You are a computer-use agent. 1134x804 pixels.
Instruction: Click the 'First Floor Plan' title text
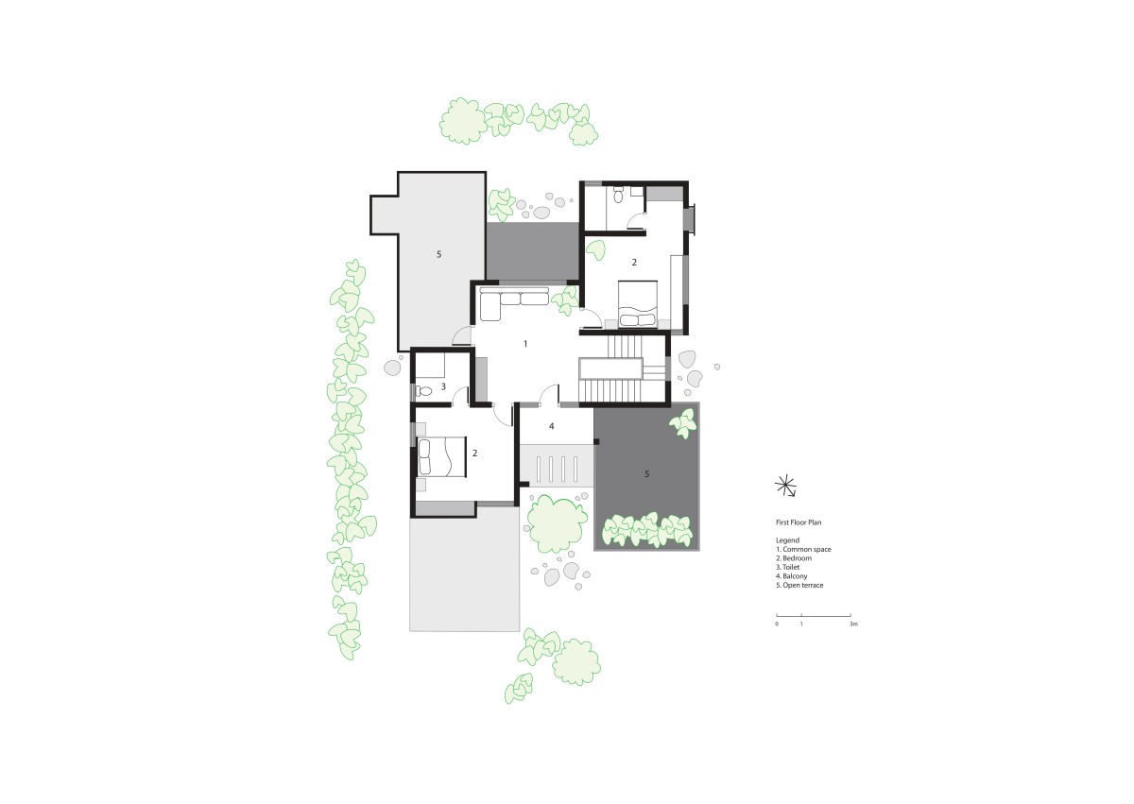coord(799,522)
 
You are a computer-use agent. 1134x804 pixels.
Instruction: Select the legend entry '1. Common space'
coord(803,549)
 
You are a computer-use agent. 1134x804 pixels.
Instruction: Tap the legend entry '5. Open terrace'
coord(799,585)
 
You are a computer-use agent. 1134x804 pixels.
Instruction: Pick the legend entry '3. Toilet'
coord(788,567)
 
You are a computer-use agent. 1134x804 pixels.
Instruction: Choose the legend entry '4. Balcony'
coord(791,575)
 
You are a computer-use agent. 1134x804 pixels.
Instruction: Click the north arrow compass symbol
coord(785,486)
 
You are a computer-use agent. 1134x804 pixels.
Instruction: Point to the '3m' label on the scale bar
coord(853,624)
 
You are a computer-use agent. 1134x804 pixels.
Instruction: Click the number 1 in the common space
coord(525,344)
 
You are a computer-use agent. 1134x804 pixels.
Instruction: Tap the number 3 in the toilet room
coord(443,386)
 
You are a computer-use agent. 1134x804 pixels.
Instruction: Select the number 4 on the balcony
coord(551,426)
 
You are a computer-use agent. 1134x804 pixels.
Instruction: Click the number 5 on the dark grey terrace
coord(646,473)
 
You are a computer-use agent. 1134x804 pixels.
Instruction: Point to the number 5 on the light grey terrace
coord(438,254)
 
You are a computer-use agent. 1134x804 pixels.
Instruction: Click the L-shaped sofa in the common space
coord(514,302)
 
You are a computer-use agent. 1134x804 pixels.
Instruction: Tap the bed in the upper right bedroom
coord(637,304)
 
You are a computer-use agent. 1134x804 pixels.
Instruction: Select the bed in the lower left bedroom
coord(441,457)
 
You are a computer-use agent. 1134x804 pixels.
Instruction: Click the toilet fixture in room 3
coord(423,391)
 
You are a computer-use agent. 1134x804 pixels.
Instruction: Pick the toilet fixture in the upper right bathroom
coord(618,195)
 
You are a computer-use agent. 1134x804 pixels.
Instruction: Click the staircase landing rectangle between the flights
coord(611,368)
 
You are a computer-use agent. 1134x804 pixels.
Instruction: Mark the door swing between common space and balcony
coord(549,395)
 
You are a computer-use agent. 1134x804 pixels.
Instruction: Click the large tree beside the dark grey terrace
coord(557,523)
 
